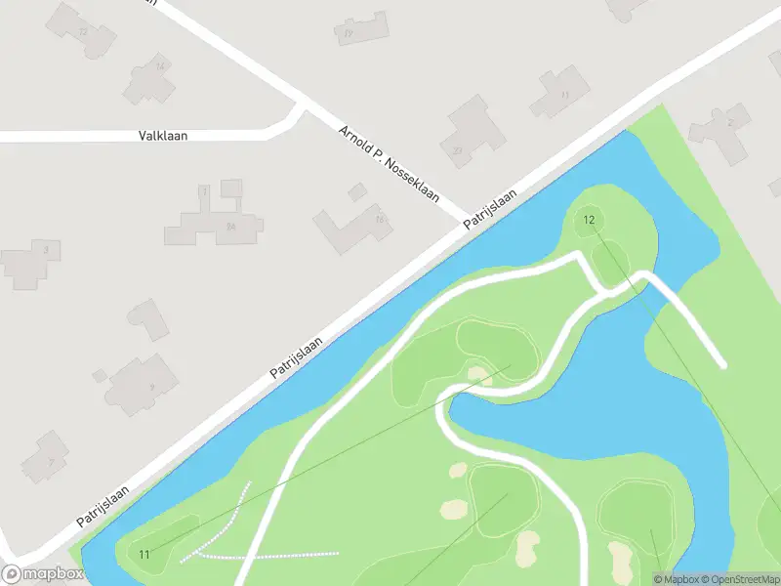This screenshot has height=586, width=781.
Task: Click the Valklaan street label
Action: coord(163,136)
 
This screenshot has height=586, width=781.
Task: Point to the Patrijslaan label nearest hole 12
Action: coord(489,211)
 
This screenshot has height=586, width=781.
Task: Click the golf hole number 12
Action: coord(589,220)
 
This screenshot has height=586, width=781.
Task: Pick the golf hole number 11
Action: coord(144,555)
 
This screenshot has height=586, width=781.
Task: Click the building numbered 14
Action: coord(148,78)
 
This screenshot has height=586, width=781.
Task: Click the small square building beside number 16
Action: coord(357,192)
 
